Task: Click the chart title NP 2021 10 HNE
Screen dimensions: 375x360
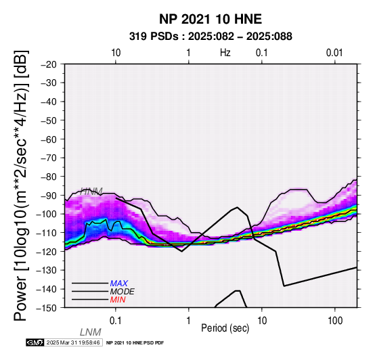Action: pyautogui.click(x=211, y=19)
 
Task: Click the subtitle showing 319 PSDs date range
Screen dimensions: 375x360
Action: pyautogui.click(x=211, y=37)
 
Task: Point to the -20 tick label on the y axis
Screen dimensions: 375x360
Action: pyautogui.click(x=49, y=64)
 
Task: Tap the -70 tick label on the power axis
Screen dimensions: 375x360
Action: pyautogui.click(x=49, y=158)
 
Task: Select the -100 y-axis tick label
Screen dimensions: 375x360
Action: pyautogui.click(x=46, y=214)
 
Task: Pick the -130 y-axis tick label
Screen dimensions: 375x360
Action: pyautogui.click(x=46, y=270)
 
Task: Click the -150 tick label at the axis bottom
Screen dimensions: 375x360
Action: pyautogui.click(x=46, y=308)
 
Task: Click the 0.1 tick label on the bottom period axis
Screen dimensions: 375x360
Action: pyautogui.click(x=116, y=321)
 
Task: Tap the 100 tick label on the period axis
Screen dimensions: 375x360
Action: pyautogui.click(x=335, y=321)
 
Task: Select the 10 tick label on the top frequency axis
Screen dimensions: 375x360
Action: pyautogui.click(x=116, y=53)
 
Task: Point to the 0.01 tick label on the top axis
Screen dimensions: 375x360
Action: pyautogui.click(x=334, y=53)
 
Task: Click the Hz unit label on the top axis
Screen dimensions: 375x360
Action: pyautogui.click(x=225, y=53)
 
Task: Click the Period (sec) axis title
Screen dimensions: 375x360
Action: pyautogui.click(x=225, y=328)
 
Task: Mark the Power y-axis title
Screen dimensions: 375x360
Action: pyautogui.click(x=21, y=185)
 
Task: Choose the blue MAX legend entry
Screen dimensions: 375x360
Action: pyautogui.click(x=119, y=284)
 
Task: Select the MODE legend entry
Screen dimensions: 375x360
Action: pyautogui.click(x=123, y=292)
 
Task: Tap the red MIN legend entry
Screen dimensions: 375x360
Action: pyautogui.click(x=118, y=300)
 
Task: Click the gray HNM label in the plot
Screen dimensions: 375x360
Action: pyautogui.click(x=91, y=192)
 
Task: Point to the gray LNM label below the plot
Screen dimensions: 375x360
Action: pyautogui.click(x=91, y=332)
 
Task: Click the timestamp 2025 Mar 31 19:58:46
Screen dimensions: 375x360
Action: pyautogui.click(x=73, y=342)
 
